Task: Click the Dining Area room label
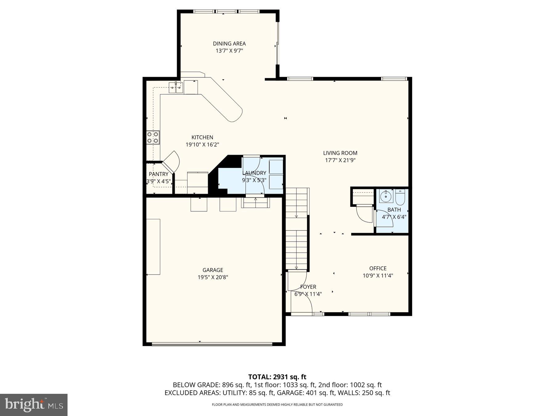[229, 43]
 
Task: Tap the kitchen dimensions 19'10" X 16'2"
[202, 145]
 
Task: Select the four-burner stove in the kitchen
[153, 137]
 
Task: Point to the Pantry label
[158, 174]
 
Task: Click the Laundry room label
[254, 173]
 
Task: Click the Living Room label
[340, 153]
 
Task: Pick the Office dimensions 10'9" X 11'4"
[378, 276]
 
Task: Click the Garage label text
[213, 270]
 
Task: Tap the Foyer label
[308, 287]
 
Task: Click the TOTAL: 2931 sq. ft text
[277, 377]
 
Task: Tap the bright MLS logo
[34, 405]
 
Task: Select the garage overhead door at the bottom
[212, 344]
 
